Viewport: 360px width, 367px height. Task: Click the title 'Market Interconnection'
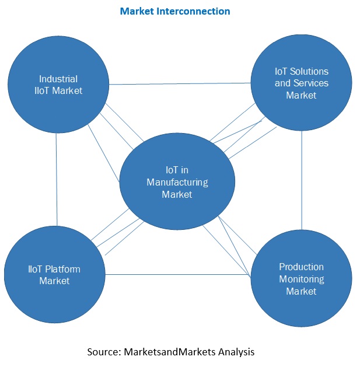coord(174,11)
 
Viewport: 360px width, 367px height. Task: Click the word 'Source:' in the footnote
coord(104,352)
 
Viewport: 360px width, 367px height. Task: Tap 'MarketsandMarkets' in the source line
coord(170,352)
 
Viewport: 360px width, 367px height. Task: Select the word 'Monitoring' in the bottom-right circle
coord(301,279)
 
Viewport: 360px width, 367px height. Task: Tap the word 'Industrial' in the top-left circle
coord(58,78)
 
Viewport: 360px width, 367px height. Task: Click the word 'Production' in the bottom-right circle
coord(301,267)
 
